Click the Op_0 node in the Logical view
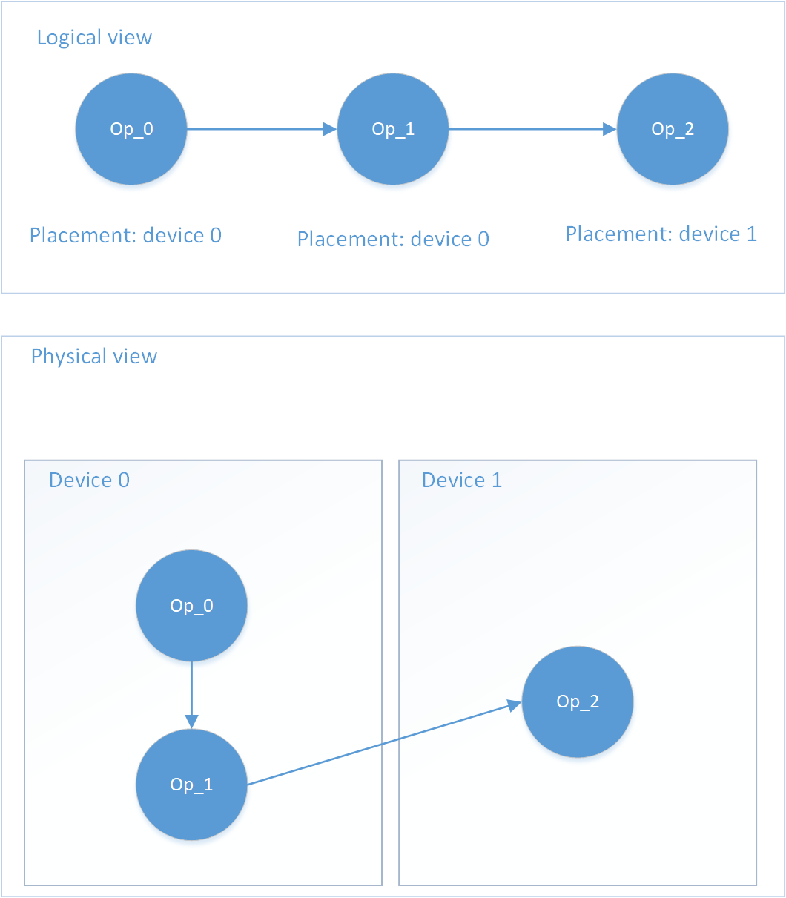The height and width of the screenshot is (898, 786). pos(131,129)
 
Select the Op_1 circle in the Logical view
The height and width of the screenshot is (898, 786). pos(393,129)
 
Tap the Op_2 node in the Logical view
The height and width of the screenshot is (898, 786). pos(673,129)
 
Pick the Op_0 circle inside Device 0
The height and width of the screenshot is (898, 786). pos(191,606)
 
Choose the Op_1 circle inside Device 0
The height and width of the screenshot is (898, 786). pos(191,785)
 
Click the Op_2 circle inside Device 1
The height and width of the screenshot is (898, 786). pos(578,701)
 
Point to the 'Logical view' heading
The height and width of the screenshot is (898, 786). pos(94,38)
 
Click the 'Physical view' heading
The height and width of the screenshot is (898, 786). pos(94,357)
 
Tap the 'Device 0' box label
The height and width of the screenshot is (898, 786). pos(89,481)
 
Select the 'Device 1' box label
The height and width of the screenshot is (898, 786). pos(462,481)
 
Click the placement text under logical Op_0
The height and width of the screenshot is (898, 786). pos(125,236)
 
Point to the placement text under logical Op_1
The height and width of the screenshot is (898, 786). pos(393,240)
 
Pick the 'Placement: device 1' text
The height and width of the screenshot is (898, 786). pos(661,234)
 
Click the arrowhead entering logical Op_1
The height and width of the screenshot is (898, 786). pos(331,129)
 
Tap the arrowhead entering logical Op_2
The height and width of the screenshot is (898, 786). pos(610,129)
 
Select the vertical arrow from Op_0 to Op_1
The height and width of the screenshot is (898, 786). pos(191,690)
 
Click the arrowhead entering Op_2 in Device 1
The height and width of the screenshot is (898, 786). pos(513,704)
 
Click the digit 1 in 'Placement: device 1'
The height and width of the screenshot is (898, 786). pos(752,234)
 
